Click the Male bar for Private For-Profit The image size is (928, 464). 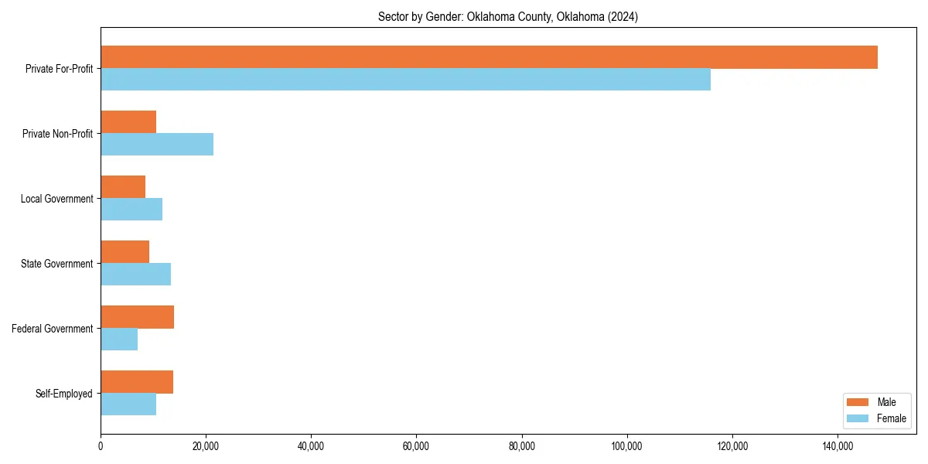(489, 57)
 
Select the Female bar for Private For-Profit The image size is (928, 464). (405, 80)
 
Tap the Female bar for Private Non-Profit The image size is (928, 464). (157, 145)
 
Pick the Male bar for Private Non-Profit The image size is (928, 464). (128, 122)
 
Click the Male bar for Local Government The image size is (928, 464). (123, 187)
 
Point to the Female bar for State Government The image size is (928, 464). (135, 275)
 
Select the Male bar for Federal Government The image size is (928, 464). (137, 317)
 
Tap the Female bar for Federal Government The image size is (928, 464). (119, 339)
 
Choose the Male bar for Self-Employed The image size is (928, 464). (137, 382)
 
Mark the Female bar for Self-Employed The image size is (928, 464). (128, 404)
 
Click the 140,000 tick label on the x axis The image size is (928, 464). (838, 446)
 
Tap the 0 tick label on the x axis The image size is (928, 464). (101, 446)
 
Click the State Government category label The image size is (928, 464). (56, 264)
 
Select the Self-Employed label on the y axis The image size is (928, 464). (63, 394)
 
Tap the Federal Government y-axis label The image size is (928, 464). (52, 329)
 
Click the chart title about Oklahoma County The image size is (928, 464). (508, 16)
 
